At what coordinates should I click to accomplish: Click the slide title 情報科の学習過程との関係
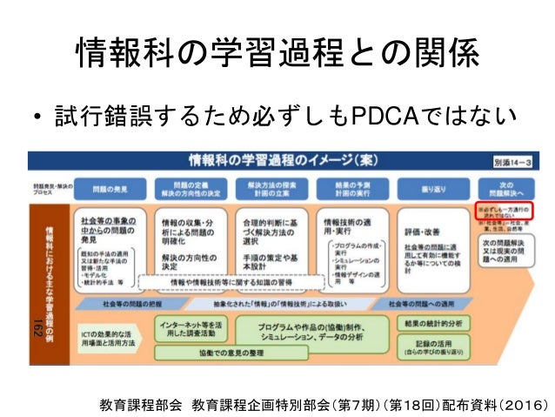[277, 55]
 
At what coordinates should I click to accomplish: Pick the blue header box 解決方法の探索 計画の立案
[271, 187]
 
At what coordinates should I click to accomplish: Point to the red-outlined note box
[505, 211]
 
